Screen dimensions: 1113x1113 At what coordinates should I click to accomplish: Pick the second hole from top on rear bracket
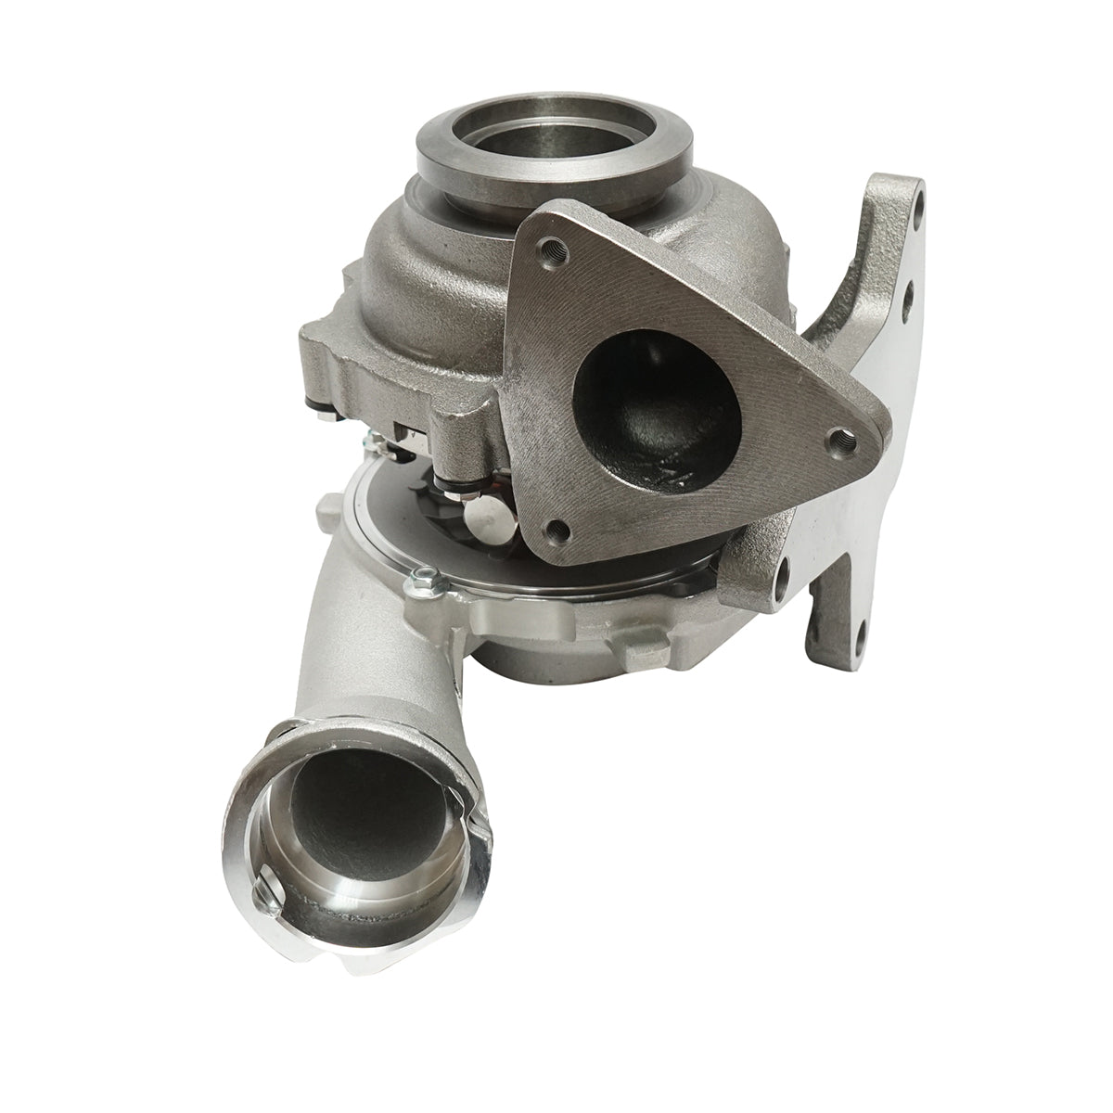click(910, 294)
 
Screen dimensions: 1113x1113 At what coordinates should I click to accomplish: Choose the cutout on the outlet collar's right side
click(474, 815)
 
